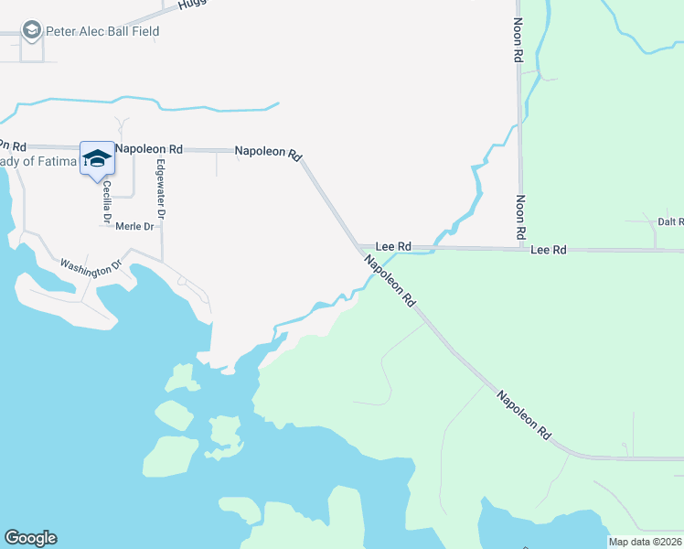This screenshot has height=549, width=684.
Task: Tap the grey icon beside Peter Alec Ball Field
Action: point(33,32)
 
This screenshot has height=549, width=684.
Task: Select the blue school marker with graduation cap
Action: point(97,159)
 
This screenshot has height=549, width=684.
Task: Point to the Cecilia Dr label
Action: point(107,202)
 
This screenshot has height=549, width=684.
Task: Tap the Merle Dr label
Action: point(134,226)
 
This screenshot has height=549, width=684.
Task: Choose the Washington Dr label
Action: point(91,265)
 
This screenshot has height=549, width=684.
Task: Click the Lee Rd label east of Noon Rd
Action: point(549,249)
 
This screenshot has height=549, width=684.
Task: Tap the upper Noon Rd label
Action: point(518,41)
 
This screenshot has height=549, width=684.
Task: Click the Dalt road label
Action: point(670,221)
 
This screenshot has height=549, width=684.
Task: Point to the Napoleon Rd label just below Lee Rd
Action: point(390,280)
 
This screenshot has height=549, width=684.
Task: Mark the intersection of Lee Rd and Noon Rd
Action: point(520,248)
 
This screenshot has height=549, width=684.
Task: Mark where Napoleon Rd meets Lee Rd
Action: point(358,247)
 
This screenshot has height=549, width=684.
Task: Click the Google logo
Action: point(30,538)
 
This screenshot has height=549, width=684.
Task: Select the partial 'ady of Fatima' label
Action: point(37,162)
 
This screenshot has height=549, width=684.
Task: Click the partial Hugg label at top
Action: point(193,4)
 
